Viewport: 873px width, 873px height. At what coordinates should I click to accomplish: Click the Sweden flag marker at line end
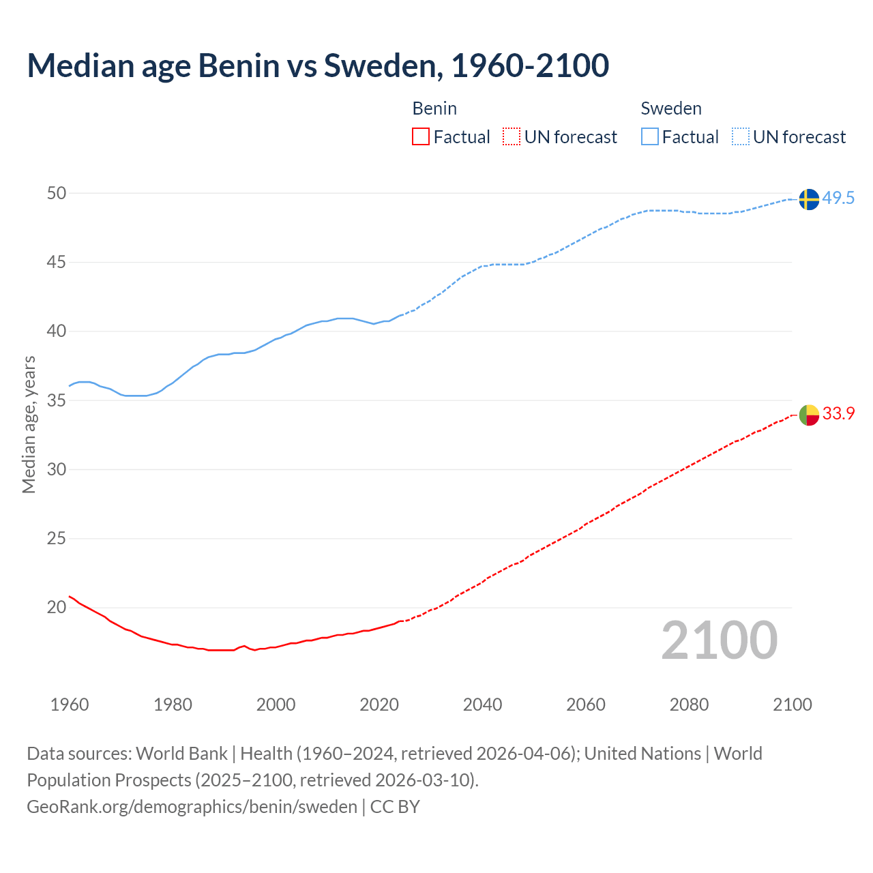(x=808, y=199)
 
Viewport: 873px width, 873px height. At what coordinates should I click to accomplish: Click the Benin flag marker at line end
(x=808, y=415)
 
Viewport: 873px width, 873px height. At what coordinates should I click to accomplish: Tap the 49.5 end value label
(x=838, y=198)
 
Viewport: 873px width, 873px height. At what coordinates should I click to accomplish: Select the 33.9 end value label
(x=838, y=413)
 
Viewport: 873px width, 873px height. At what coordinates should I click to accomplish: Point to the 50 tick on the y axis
(x=57, y=194)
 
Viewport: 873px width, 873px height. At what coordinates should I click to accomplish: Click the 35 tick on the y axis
(x=57, y=400)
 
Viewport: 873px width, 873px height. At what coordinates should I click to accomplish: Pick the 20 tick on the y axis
(x=57, y=607)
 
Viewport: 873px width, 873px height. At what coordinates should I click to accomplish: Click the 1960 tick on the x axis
(x=70, y=705)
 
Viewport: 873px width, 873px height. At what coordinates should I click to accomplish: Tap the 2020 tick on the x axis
(x=379, y=705)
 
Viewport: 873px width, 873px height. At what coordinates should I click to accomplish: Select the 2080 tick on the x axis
(x=689, y=705)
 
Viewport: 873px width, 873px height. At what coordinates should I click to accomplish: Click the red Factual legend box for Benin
(x=421, y=137)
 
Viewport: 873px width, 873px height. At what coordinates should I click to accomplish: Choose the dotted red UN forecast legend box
(x=512, y=137)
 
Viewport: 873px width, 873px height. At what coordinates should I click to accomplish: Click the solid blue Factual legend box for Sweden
(x=650, y=137)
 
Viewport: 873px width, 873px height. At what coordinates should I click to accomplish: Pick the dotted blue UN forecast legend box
(x=740, y=137)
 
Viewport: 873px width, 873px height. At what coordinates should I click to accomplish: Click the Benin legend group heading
(x=434, y=108)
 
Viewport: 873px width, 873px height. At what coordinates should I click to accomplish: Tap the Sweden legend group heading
(x=671, y=108)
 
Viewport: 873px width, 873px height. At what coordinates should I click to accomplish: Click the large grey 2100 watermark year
(x=720, y=640)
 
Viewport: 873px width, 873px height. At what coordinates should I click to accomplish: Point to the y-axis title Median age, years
(x=29, y=424)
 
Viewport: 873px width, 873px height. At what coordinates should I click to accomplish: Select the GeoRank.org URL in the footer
(x=192, y=807)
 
